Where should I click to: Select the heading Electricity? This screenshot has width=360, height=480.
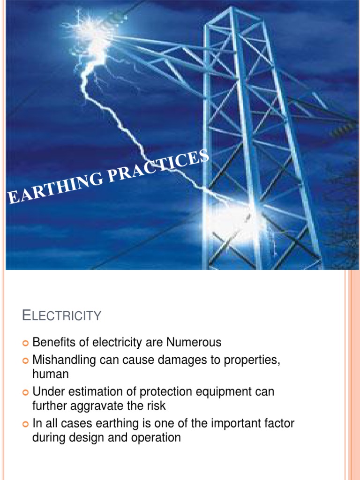pos(61,315)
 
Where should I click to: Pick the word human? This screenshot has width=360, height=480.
pos(51,374)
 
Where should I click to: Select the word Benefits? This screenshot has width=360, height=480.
pos(51,343)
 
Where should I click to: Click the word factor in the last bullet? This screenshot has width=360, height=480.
pos(277,424)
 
